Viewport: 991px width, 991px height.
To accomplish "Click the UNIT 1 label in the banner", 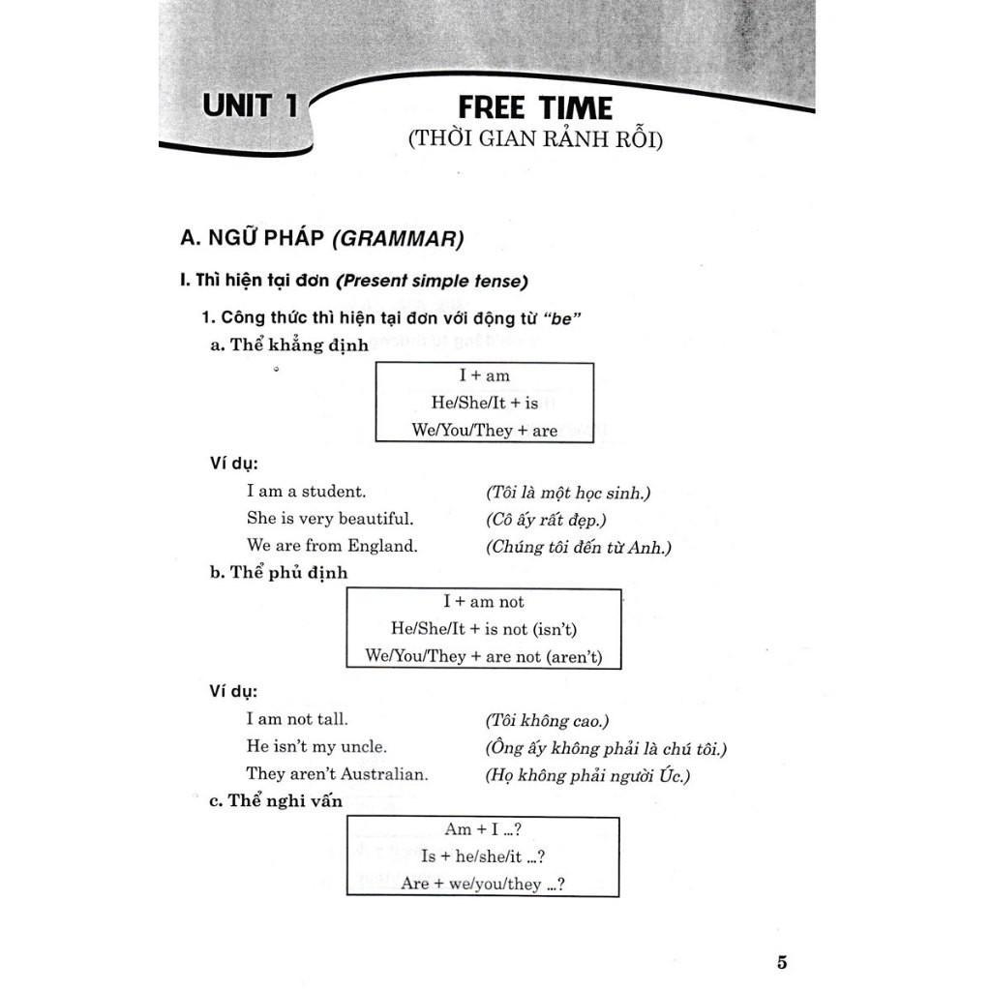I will pos(250,105).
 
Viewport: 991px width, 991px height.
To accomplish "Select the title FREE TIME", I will pos(535,106).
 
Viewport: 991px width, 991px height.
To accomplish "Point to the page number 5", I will pos(782,962).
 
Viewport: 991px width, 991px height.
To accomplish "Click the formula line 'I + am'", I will pos(484,375).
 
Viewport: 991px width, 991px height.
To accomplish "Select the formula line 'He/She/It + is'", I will pos(484,403).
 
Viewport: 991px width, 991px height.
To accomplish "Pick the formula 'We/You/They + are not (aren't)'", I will pos(484,656).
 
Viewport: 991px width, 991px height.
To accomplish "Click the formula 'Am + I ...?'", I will pos(482,829).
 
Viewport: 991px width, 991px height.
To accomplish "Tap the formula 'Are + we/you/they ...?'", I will pos(482,884).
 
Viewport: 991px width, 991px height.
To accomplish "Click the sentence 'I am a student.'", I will pos(306,492).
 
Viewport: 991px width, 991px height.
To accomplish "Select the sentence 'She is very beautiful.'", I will pos(330,519).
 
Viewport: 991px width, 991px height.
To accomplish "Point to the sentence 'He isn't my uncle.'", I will pos(316,747).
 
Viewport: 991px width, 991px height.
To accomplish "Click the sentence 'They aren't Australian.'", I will pos(337,774).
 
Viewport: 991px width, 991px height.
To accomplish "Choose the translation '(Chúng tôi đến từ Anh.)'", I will pos(578,548).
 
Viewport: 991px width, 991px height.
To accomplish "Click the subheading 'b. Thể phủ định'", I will pos(279,573).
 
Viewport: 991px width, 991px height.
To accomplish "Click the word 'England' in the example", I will pos(386,546).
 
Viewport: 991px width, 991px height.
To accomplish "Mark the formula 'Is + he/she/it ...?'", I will pos(482,856).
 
